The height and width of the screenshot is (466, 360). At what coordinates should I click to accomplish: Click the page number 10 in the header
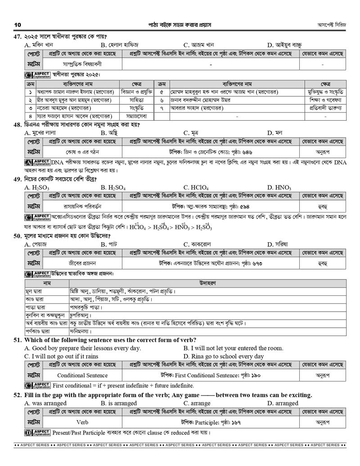18,24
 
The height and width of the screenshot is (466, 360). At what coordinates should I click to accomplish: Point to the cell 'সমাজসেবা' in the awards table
136,116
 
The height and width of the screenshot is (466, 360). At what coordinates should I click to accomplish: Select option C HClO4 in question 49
194,187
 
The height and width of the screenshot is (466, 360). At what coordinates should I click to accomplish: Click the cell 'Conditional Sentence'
82,375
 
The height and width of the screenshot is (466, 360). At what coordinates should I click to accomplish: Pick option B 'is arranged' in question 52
118,403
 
